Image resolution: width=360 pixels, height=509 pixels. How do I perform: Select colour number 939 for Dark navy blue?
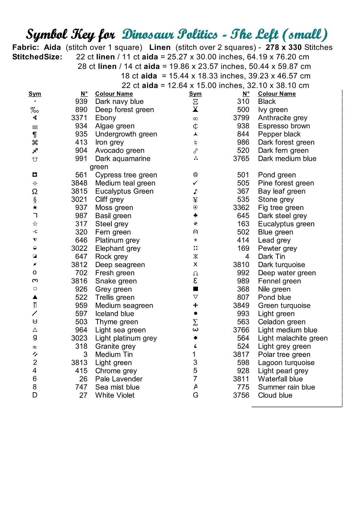pos(82,101)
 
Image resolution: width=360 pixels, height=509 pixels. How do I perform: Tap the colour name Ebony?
pos(106,118)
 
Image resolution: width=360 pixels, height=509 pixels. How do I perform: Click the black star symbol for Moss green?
pos(35,207)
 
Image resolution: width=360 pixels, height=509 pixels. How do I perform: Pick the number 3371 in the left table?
pos(79,118)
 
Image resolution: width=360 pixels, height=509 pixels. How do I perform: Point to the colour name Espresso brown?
pos(284,126)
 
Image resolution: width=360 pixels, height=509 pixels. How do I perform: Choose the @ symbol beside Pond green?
pos(195,175)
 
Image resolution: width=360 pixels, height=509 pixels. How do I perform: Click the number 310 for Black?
pos(243,101)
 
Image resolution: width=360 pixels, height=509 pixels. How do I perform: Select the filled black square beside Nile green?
pos(195,289)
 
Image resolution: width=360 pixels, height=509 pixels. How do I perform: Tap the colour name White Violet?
pos(115,395)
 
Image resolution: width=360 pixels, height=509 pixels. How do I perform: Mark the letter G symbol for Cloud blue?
pos(195,395)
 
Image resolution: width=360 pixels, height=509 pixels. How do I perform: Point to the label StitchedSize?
pos(37,57)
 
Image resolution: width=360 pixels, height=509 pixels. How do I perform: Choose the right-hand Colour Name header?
pos(277,94)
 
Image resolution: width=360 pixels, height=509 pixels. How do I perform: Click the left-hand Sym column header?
pos(35,94)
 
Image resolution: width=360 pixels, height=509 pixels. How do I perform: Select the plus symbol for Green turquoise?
pos(195,305)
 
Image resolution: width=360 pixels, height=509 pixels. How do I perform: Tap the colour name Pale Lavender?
pos(119,379)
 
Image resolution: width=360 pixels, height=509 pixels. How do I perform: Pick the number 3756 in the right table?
pos(241,395)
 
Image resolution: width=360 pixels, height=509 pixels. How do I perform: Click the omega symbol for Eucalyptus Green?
pos(35,191)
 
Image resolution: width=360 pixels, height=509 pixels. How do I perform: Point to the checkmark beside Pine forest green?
pos(195,183)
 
